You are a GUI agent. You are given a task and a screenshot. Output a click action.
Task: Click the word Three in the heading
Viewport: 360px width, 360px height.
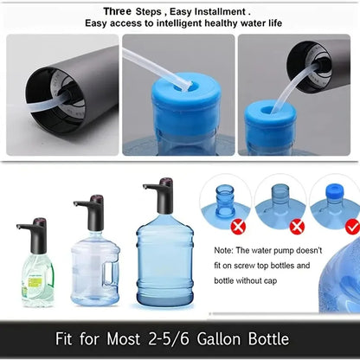(119, 11)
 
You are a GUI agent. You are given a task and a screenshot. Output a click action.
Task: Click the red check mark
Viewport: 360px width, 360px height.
(352, 227)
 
